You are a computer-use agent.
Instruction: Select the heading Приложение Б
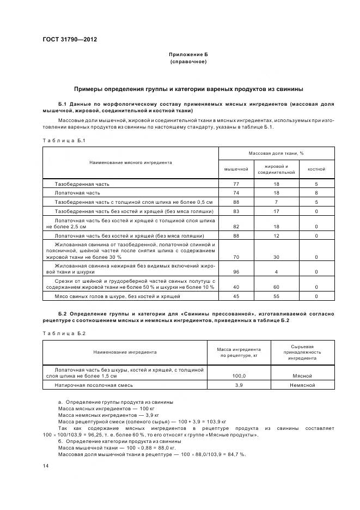[x=188, y=54]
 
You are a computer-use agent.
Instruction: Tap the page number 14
[x=45, y=466]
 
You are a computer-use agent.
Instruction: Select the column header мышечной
[x=236, y=169]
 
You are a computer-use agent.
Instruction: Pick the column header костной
[x=316, y=169]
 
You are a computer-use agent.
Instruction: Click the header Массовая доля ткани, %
[x=276, y=153]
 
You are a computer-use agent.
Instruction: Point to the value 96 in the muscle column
[x=236, y=271]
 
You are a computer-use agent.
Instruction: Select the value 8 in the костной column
[x=316, y=193]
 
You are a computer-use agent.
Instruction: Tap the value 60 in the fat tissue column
[x=276, y=286]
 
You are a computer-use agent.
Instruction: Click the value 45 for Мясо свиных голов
[x=236, y=296]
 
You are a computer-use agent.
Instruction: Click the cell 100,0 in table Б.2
[x=239, y=376]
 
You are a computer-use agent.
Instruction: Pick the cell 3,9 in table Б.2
[x=239, y=385]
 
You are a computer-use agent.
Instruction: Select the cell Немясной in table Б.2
[x=302, y=385]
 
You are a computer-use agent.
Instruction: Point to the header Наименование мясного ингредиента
[x=131, y=162]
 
